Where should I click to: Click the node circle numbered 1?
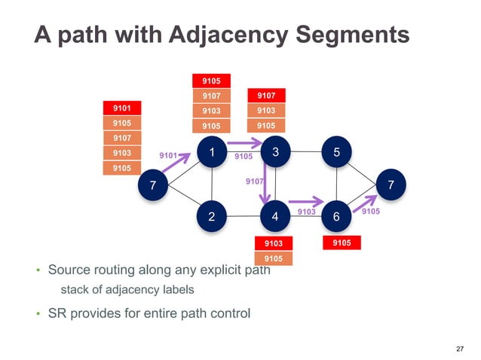click(x=213, y=152)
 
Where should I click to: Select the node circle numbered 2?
click(x=213, y=216)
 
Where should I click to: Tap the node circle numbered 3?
click(x=276, y=152)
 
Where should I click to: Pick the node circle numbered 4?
click(x=276, y=216)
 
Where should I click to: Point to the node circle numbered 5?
click(x=336, y=152)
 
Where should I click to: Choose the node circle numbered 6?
click(x=336, y=216)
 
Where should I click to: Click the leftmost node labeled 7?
click(x=154, y=185)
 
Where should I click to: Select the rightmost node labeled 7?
click(x=390, y=185)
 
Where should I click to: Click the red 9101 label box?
click(x=121, y=108)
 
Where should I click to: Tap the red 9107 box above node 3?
click(x=266, y=96)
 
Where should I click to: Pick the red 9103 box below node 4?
click(x=274, y=243)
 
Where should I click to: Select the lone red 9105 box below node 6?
click(x=342, y=243)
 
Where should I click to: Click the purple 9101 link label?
click(x=169, y=156)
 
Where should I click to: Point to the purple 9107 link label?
click(x=254, y=182)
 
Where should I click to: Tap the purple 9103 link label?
click(x=306, y=213)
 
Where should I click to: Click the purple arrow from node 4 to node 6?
click(x=305, y=202)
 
